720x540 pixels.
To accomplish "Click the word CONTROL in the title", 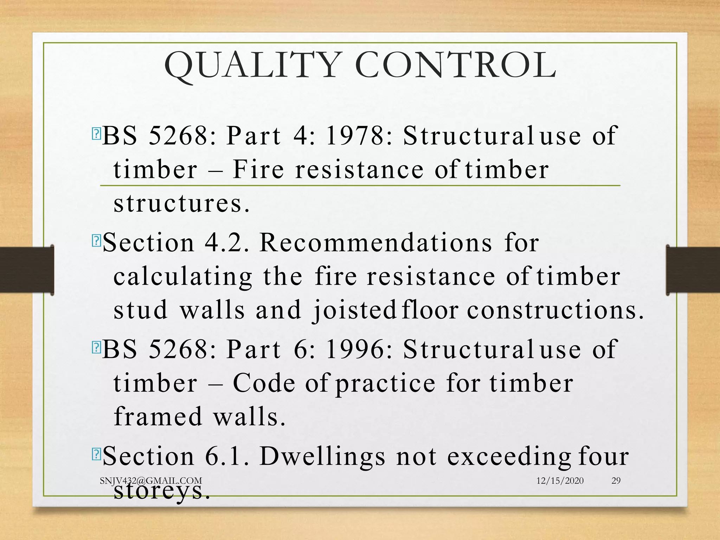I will [456, 65].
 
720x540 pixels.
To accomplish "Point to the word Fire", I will [258, 169].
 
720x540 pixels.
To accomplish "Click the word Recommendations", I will [375, 243].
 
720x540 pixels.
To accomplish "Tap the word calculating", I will [183, 277].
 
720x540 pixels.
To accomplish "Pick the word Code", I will [264, 383].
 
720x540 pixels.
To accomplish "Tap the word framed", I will [158, 417].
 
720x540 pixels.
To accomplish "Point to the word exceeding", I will [509, 457].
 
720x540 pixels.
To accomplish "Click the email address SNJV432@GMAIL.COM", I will [151, 481].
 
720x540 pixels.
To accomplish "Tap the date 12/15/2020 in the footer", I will [560, 481].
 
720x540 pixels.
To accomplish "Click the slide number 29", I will [616, 481].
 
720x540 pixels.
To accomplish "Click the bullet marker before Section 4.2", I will [96, 241].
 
